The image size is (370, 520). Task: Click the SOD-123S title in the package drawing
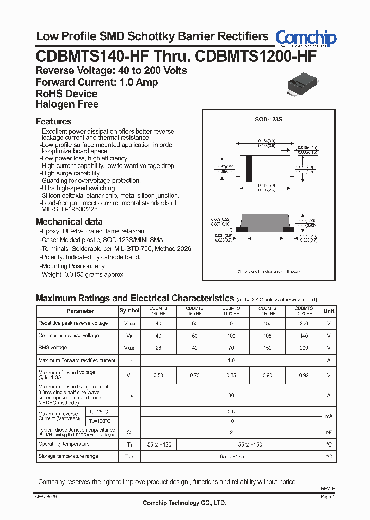click(x=269, y=119)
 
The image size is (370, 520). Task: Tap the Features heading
click(x=53, y=122)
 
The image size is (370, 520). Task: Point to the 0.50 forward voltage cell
click(x=158, y=376)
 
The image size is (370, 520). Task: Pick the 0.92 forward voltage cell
click(x=303, y=376)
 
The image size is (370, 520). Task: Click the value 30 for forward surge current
click(x=231, y=395)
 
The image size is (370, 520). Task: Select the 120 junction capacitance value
click(x=231, y=433)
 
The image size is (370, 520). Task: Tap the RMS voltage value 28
click(x=158, y=348)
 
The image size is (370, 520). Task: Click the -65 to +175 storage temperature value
click(x=231, y=456)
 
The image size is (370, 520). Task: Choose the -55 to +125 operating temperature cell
click(x=158, y=444)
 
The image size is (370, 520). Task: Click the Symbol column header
click(x=129, y=311)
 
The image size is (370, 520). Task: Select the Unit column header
click(x=329, y=311)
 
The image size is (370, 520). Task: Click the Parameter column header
click(x=81, y=311)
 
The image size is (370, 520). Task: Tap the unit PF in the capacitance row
click(x=329, y=433)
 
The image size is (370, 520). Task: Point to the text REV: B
click(x=327, y=488)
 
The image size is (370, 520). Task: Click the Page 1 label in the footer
click(x=327, y=497)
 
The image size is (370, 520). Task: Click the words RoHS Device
click(x=66, y=94)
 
